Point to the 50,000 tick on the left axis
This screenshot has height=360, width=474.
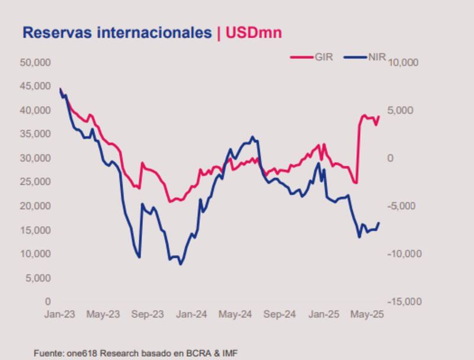(x=35, y=62)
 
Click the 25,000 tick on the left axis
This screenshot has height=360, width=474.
(x=35, y=182)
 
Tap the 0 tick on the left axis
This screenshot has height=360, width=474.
(x=48, y=301)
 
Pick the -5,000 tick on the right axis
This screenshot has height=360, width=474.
(x=404, y=206)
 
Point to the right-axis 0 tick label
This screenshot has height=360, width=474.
(x=389, y=158)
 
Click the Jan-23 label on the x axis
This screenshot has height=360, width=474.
(x=60, y=314)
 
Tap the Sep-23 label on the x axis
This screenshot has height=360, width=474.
(x=148, y=314)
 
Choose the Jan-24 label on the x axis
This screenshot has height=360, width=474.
(x=191, y=314)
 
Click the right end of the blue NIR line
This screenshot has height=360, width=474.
(x=379, y=223)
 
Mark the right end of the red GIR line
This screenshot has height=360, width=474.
(x=379, y=117)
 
